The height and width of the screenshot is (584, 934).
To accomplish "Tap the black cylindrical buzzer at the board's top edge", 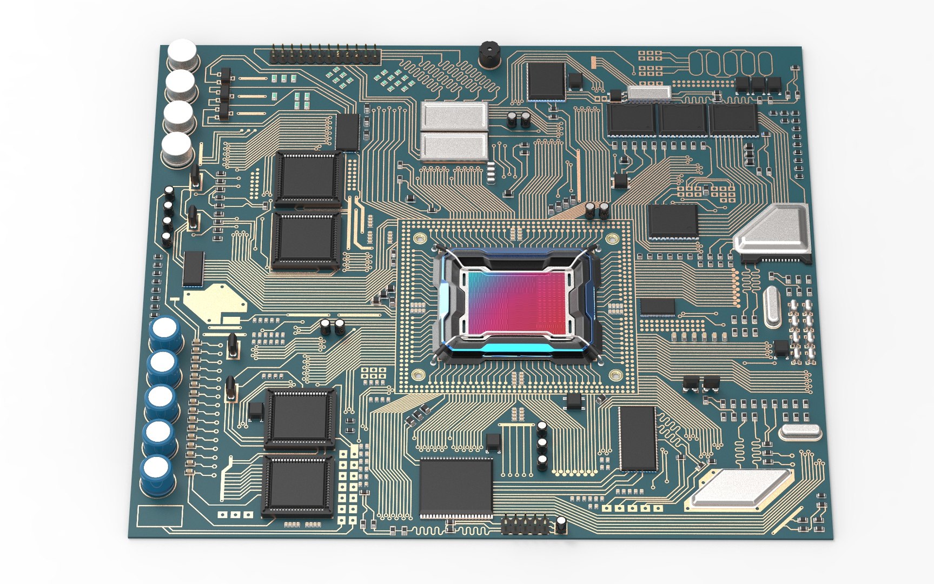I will click(x=488, y=55).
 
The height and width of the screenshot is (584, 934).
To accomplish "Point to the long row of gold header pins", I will click(x=324, y=54).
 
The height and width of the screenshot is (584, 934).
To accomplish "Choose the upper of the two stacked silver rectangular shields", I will click(x=454, y=115).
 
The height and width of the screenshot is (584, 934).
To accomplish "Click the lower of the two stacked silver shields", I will click(x=454, y=146).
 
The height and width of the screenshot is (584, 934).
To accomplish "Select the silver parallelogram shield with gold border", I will click(x=741, y=489).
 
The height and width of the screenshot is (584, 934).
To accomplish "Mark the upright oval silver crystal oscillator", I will click(x=772, y=307).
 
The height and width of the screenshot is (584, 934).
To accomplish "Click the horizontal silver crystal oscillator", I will click(x=800, y=431).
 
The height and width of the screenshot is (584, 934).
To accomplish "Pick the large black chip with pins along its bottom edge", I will click(x=456, y=487).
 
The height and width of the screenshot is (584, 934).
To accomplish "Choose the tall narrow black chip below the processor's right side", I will click(x=638, y=438).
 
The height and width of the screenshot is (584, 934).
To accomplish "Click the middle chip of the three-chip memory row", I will click(x=683, y=120).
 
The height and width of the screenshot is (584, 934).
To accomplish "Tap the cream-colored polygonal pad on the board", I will click(x=214, y=303).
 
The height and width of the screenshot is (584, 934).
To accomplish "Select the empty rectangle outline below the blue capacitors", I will click(x=160, y=516).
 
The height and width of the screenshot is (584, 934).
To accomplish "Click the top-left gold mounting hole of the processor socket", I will click(x=419, y=238).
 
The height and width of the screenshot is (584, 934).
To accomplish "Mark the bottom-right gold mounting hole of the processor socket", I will click(x=615, y=375).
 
